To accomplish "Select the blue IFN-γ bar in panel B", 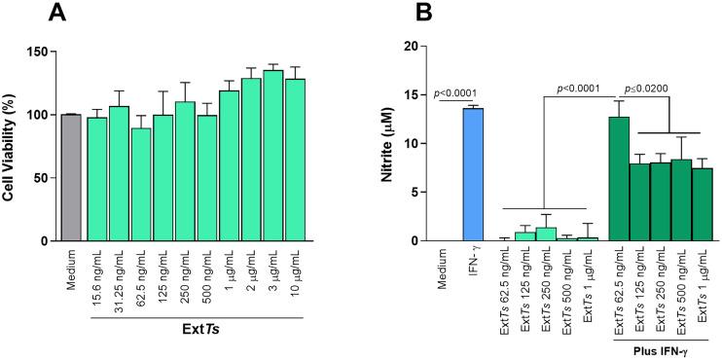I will (473, 174).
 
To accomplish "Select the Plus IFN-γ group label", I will (660, 347).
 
